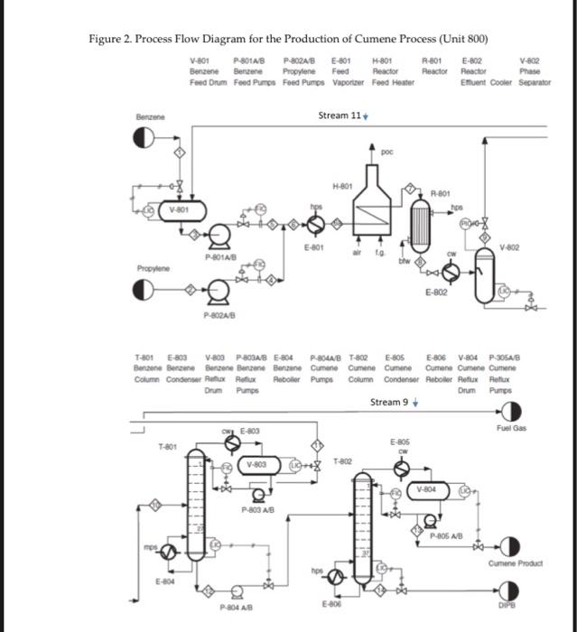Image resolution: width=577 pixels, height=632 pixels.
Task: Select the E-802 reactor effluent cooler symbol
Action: (x=456, y=273)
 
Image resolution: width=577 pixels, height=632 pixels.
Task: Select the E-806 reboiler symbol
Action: (x=336, y=576)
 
